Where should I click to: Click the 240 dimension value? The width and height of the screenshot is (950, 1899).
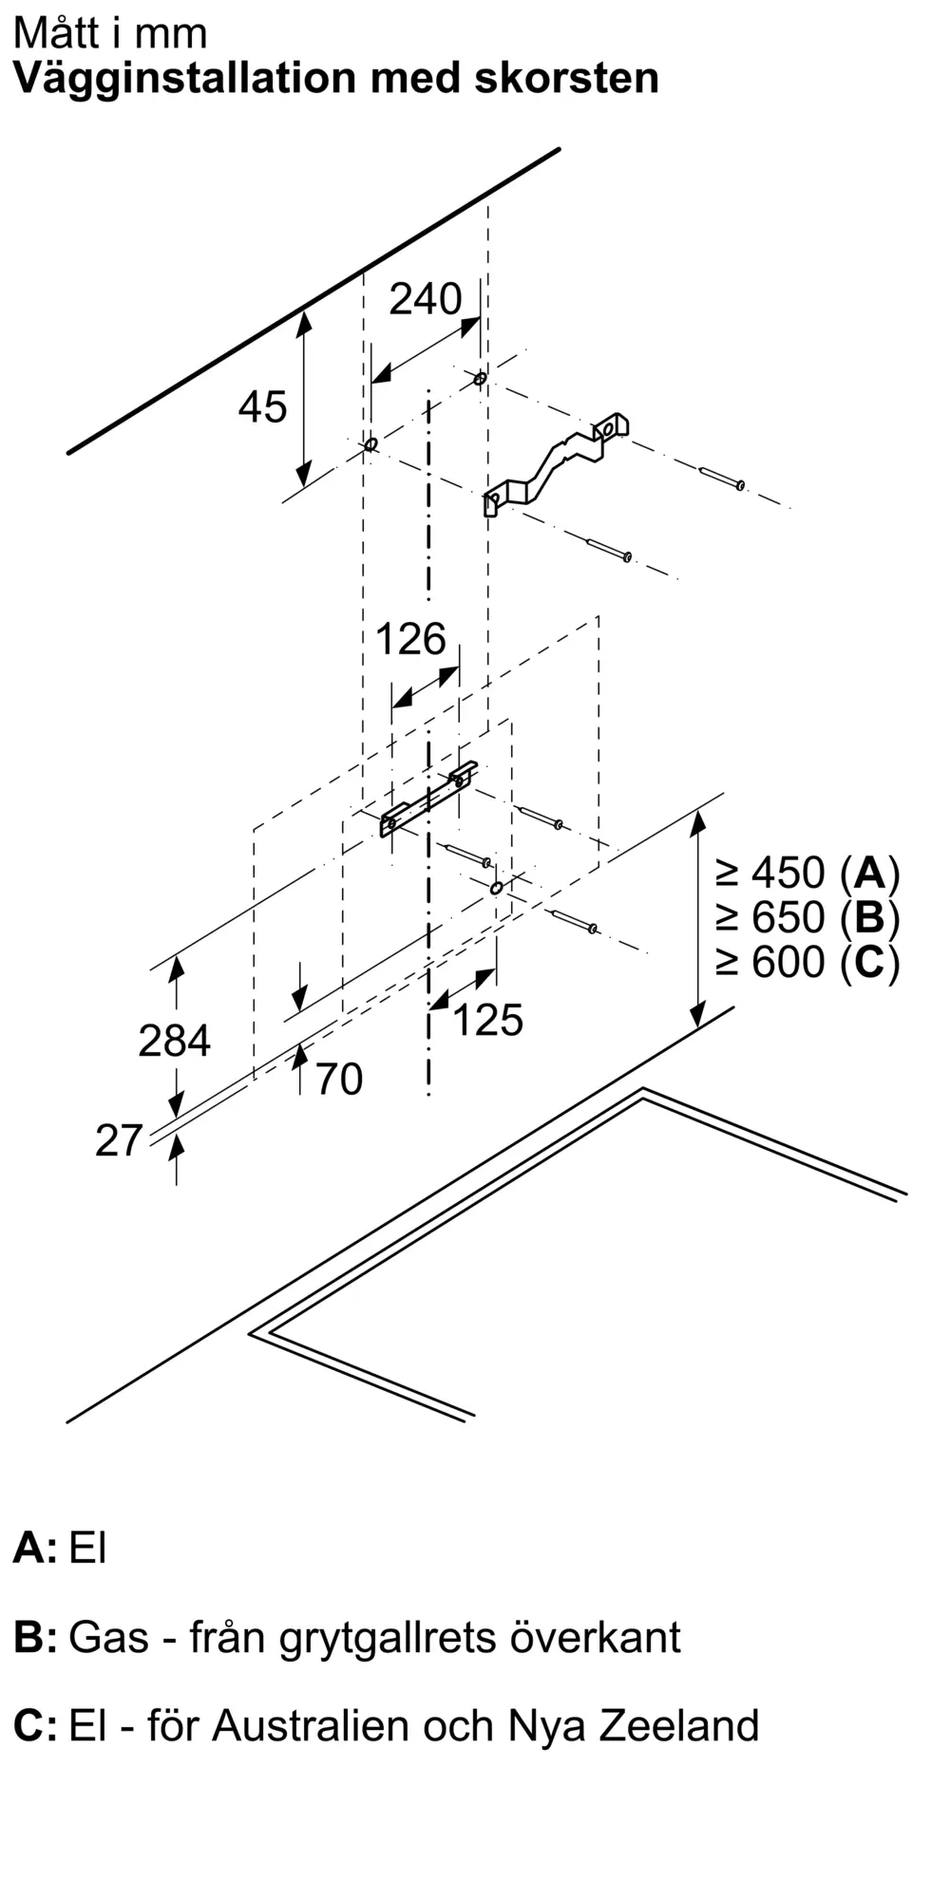pyautogui.click(x=426, y=299)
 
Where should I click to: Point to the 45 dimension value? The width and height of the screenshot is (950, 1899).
pyautogui.click(x=262, y=407)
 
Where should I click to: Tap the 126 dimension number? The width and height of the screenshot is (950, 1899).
pyautogui.click(x=410, y=639)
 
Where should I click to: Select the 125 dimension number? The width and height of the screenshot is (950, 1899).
pyautogui.click(x=487, y=1020)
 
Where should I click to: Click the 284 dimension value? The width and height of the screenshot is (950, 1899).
pyautogui.click(x=174, y=1041)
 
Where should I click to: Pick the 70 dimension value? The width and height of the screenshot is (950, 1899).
pyautogui.click(x=339, y=1080)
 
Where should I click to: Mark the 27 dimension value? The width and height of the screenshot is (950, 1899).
pyautogui.click(x=119, y=1140)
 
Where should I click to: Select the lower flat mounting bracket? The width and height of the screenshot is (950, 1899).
pyautogui.click(x=428, y=798)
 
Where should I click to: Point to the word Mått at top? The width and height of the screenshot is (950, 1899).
pyautogui.click(x=54, y=33)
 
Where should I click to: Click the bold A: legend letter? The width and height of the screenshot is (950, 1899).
pyautogui.click(x=35, y=1548)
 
